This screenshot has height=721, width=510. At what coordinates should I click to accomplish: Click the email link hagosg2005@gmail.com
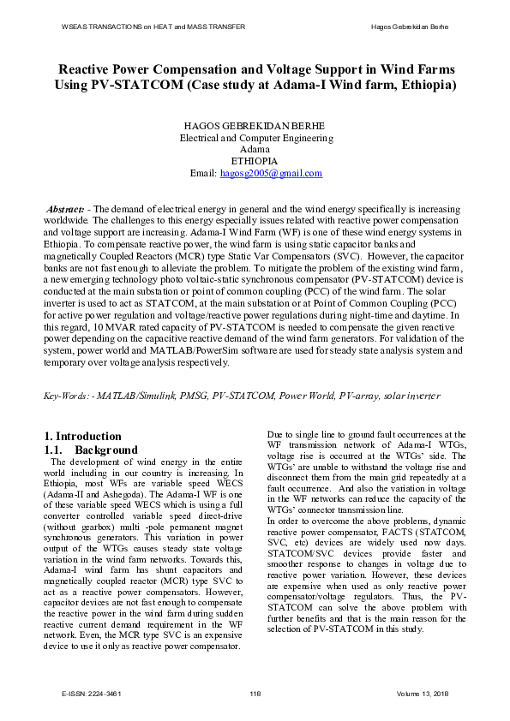271,173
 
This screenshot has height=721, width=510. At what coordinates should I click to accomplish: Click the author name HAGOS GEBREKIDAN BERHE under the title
255,125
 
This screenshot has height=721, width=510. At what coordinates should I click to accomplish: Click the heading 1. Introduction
82,436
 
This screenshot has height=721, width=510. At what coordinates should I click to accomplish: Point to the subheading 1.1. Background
90,450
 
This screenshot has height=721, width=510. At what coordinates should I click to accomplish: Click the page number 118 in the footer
255,692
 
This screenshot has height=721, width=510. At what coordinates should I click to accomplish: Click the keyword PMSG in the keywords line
191,396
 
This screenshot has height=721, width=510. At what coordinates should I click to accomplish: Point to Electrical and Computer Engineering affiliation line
255,137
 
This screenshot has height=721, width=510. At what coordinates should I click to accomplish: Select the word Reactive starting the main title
87,69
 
